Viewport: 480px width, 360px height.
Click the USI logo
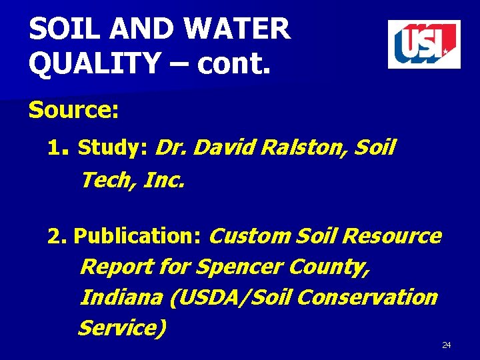[x=424, y=44]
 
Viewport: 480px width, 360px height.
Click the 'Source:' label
[x=73, y=110]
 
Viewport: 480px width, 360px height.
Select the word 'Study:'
[x=113, y=147]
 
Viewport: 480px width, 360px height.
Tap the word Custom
[x=250, y=236]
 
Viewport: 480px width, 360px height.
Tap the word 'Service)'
[x=122, y=328]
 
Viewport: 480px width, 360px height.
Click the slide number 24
[x=447, y=345]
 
